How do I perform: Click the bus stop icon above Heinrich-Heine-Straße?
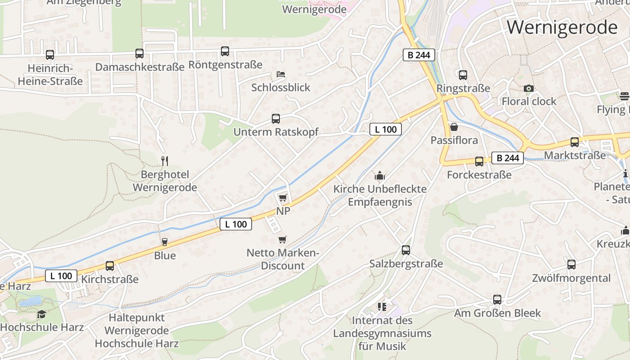point(50,55)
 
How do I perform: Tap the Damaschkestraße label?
point(140,67)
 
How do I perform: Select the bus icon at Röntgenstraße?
point(225,51)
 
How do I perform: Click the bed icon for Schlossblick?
point(281,74)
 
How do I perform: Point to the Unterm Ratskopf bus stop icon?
point(276,119)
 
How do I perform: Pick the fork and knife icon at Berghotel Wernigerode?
point(165,161)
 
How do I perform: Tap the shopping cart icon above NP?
point(283,198)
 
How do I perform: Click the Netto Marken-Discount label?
point(283,259)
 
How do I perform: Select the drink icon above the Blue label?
point(165,242)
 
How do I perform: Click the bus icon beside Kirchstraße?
point(110,266)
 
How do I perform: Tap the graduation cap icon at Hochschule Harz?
point(42,314)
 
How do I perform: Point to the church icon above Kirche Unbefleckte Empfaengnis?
point(380,175)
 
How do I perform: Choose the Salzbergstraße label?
point(406,264)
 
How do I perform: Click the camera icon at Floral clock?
point(529,88)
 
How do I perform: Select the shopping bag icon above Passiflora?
point(454,127)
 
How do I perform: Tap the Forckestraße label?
point(479,175)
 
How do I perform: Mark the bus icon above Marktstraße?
point(575,142)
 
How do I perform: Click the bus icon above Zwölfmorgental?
point(571,265)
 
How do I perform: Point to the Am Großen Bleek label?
point(497,313)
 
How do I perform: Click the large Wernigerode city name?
point(562,27)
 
